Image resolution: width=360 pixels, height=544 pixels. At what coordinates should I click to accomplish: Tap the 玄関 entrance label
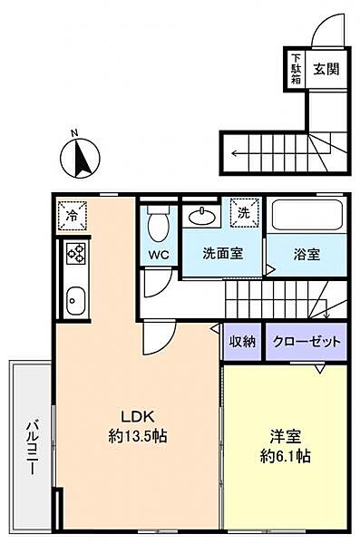[326, 69]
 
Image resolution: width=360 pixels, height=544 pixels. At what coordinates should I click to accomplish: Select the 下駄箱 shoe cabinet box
[296, 68]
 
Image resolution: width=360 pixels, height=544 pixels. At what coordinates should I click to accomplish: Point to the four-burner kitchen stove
[73, 255]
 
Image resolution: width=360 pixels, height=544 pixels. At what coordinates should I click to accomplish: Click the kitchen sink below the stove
[73, 296]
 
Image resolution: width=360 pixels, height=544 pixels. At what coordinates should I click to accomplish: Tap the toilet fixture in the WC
[158, 222]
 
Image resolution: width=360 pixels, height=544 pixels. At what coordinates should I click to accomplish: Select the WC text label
[159, 255]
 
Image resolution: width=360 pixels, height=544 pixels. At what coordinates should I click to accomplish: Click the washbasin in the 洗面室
[202, 216]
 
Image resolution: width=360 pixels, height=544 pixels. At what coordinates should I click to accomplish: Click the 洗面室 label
[222, 255]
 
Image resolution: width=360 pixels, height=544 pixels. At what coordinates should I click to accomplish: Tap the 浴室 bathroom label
[306, 255]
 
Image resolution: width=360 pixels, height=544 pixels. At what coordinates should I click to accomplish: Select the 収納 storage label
[242, 342]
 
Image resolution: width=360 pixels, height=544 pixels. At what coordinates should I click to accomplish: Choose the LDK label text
[136, 416]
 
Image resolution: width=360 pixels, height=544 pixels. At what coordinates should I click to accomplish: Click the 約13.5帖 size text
[136, 436]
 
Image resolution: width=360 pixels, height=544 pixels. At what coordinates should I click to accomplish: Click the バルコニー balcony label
[30, 445]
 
